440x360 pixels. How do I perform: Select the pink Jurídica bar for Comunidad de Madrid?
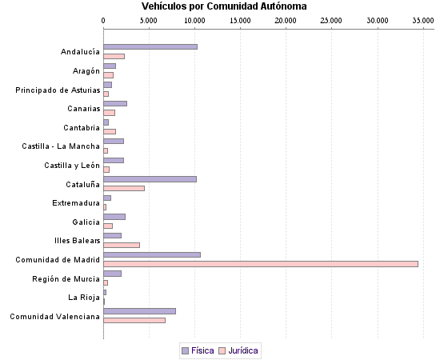(261, 263)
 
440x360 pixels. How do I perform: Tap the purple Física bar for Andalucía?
(150, 47)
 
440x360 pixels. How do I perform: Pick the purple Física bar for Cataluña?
(150, 179)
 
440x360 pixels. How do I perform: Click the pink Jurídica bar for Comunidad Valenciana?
(134, 320)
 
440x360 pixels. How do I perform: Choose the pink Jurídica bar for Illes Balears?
(122, 245)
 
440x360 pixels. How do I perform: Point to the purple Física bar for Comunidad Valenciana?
(139, 311)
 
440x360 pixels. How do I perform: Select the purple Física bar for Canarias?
(115, 103)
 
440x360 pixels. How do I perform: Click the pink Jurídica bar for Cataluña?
(124, 188)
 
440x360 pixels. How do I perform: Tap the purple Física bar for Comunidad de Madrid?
(152, 254)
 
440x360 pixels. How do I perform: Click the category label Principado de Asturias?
(58, 90)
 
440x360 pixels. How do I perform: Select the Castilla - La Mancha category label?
(61, 146)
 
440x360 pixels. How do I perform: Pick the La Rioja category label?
(84, 298)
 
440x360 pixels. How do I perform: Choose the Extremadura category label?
(76, 203)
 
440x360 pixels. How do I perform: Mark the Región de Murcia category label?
(66, 278)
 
